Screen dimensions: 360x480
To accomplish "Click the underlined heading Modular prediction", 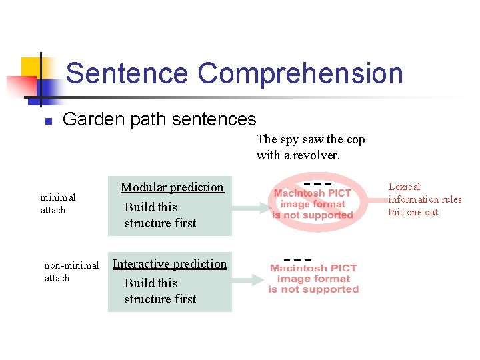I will [x=172, y=187].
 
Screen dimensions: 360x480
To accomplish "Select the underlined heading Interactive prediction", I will [x=169, y=264].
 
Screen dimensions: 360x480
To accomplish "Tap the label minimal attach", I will [x=57, y=203].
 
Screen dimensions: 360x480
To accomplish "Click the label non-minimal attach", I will [x=71, y=271].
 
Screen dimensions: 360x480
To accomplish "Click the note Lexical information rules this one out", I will [x=425, y=199].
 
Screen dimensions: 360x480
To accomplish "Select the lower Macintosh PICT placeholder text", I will [x=313, y=279].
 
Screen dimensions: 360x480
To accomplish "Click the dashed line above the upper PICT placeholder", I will [x=317, y=183].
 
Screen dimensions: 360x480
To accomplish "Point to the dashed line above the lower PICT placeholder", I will [x=297, y=259].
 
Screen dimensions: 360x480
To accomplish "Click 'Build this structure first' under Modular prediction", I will [x=160, y=215].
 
